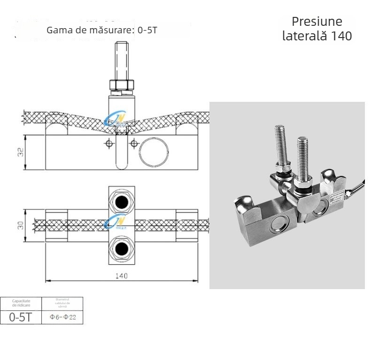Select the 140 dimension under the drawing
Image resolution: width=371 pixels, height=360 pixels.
tap(121, 276)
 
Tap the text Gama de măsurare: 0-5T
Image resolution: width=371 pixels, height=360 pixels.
tap(102, 31)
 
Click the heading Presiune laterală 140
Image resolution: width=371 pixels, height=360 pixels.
tap(317, 29)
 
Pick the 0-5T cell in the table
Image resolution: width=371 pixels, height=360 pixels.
tap(21, 317)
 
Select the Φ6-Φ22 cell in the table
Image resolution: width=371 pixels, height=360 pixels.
tap(62, 317)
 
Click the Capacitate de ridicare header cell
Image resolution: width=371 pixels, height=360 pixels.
tap(21, 303)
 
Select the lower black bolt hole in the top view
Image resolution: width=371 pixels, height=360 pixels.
tap(122, 247)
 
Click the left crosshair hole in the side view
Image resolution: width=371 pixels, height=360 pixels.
tap(109, 143)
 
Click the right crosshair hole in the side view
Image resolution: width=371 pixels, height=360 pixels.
tap(134, 143)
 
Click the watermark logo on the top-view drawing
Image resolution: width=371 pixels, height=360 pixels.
tap(116, 221)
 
